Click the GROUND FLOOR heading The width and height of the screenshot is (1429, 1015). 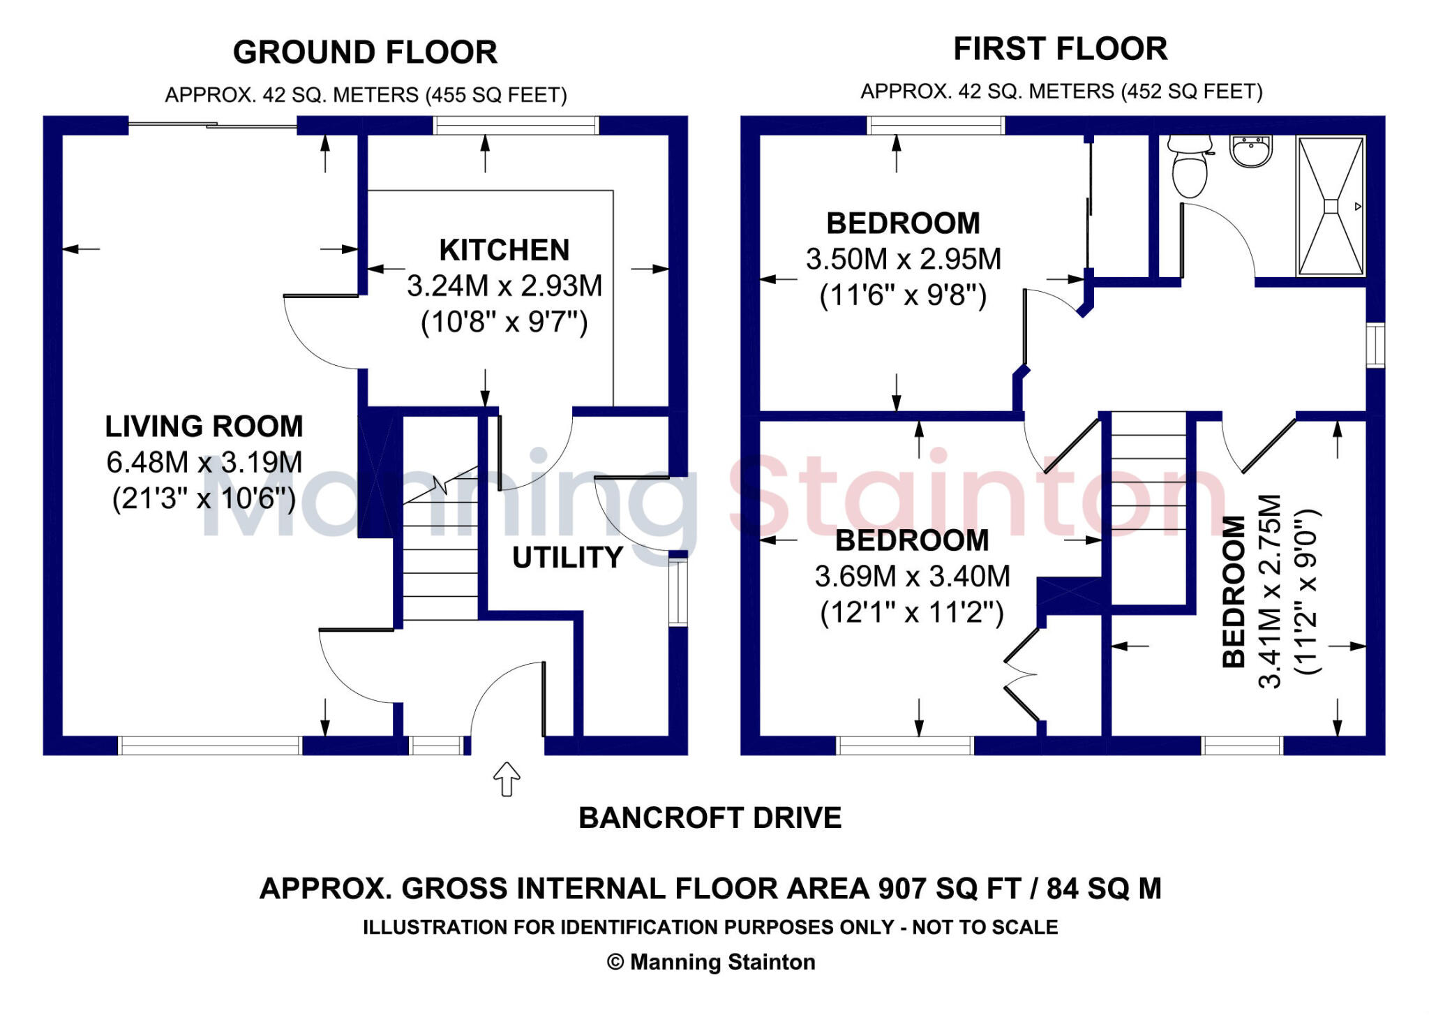click(365, 52)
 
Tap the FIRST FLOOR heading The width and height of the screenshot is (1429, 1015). click(1061, 49)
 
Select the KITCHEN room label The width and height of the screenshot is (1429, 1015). click(504, 250)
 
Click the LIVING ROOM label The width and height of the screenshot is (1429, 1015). click(204, 426)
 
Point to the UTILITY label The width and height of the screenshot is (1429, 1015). click(568, 557)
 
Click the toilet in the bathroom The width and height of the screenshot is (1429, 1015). click(1190, 165)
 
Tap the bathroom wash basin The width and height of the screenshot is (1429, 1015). click(1251, 151)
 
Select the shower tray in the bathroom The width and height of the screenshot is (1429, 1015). click(1331, 206)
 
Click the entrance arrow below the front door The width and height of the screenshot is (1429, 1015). click(507, 778)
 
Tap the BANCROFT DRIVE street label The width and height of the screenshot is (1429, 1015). click(710, 817)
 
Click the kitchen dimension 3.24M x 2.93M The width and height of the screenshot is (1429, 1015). click(504, 286)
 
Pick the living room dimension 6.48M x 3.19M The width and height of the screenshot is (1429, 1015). click(204, 462)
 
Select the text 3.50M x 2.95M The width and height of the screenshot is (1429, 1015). click(904, 259)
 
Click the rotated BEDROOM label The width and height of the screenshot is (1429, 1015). click(1234, 591)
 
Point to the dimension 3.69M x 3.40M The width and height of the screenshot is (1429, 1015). click(913, 577)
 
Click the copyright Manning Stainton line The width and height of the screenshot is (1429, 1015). click(711, 962)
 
